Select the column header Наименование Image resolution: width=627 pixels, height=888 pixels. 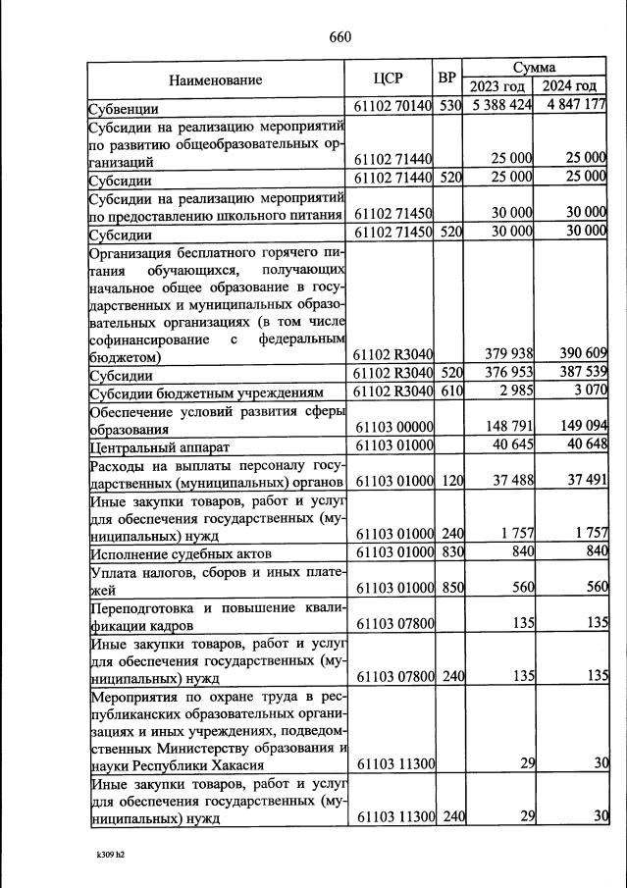215,78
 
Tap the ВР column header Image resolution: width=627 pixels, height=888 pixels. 447,78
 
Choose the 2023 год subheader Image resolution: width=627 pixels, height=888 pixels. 497,86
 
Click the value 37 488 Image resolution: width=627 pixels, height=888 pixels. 508,481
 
